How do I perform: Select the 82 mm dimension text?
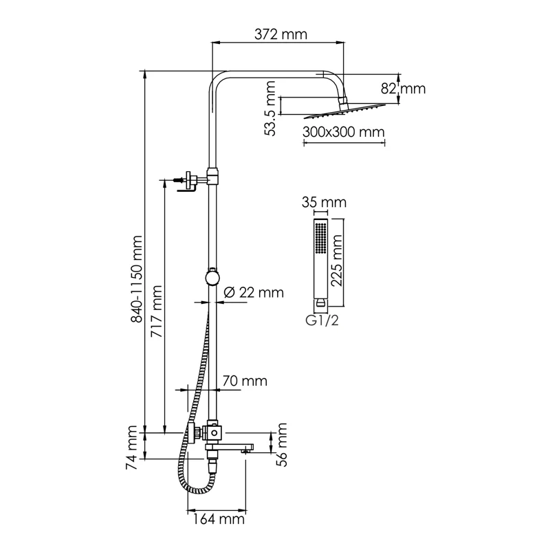click(403, 89)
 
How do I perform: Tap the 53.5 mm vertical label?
click(271, 107)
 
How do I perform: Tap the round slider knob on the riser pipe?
click(214, 278)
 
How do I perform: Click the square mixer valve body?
click(214, 432)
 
